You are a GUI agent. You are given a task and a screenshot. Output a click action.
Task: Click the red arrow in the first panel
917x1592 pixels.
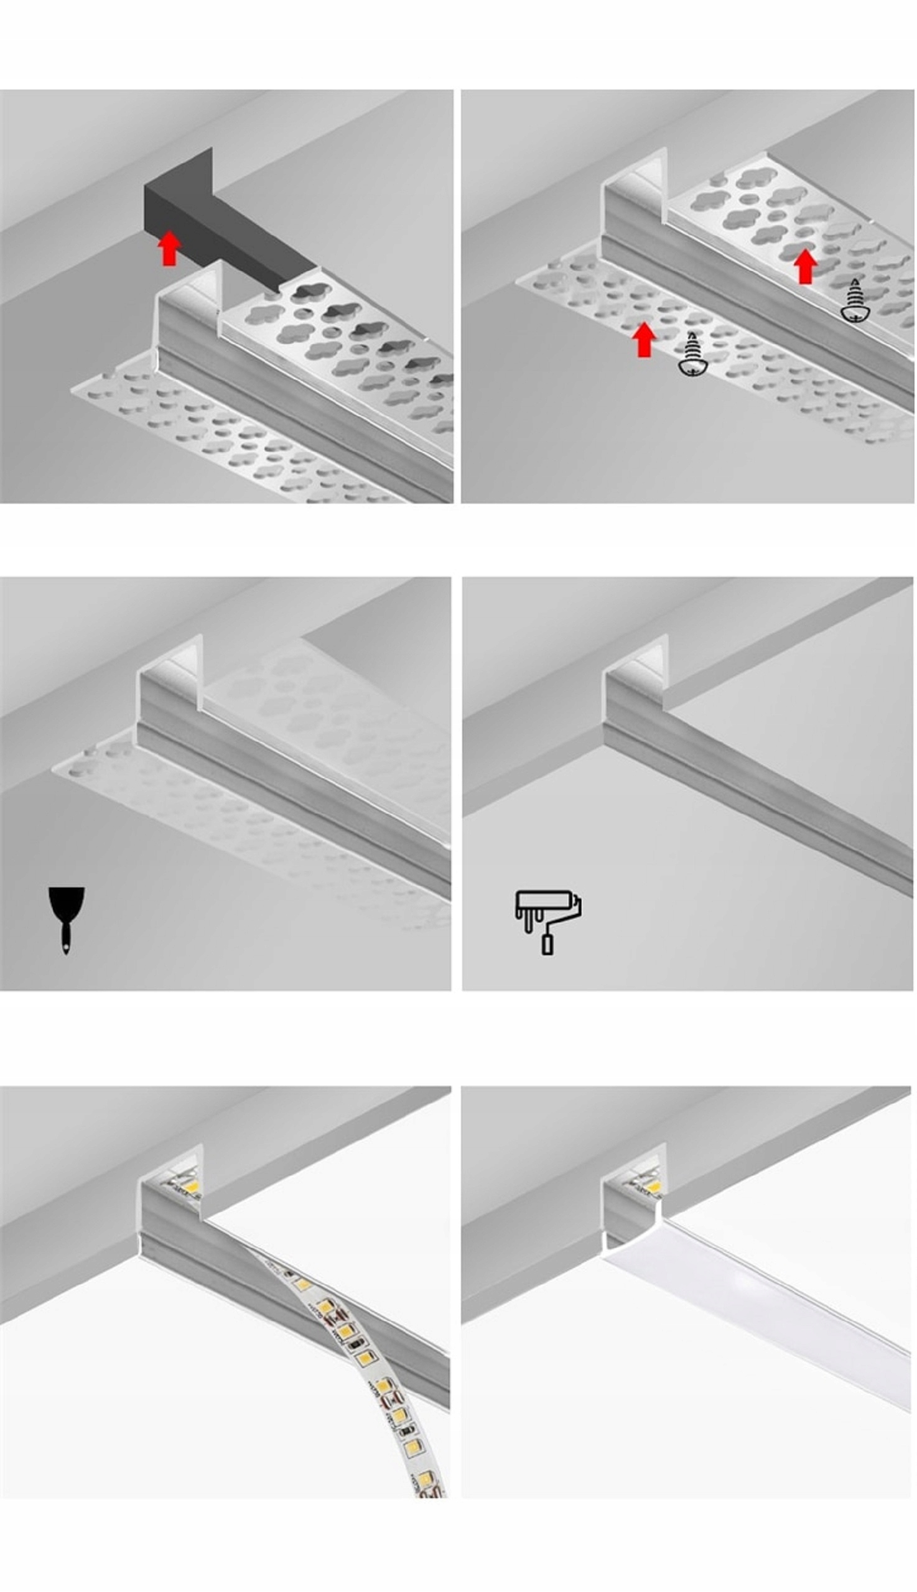click(169, 248)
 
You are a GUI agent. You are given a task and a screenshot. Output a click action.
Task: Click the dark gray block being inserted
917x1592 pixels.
click(208, 214)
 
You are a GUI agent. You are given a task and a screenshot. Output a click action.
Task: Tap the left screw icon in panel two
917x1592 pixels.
click(692, 356)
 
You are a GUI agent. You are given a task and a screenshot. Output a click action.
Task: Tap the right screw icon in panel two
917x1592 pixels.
click(855, 302)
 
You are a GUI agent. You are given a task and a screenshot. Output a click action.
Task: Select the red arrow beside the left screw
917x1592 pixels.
click(644, 340)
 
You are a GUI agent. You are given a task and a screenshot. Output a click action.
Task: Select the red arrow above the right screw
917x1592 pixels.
click(805, 266)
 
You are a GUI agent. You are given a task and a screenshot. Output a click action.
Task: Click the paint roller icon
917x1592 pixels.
click(547, 921)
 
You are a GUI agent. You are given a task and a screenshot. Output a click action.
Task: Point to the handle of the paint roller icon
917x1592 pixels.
click(547, 944)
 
